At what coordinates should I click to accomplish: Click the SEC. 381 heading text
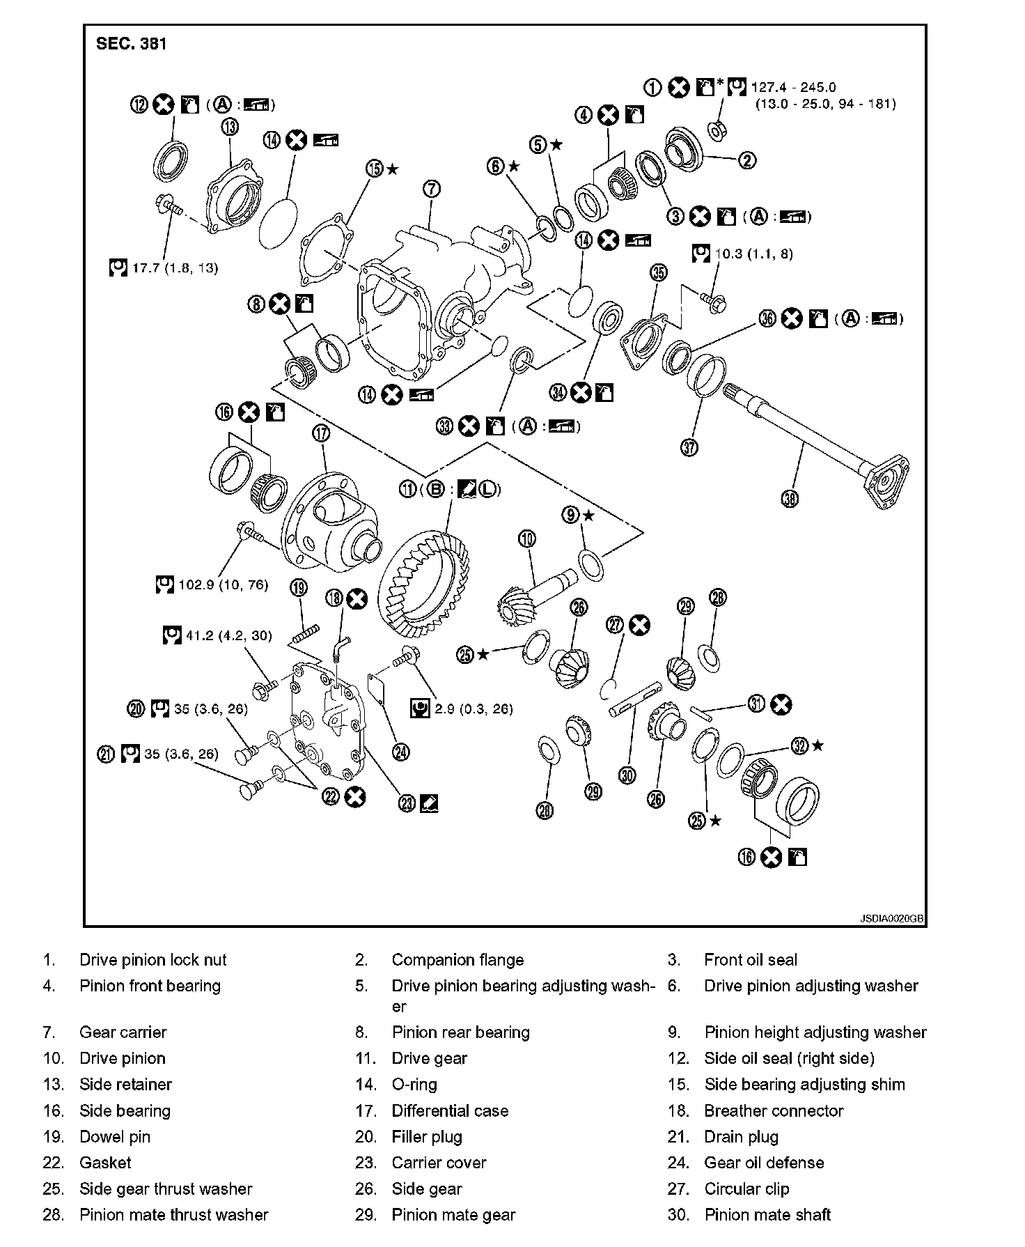tap(132, 44)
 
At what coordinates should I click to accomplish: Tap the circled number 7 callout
tap(431, 188)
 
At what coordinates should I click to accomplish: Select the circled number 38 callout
tap(790, 498)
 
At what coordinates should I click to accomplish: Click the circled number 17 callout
tap(321, 433)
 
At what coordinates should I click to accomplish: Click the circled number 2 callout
tap(746, 160)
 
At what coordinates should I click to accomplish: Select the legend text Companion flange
tap(457, 960)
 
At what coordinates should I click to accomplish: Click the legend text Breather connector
tap(774, 1111)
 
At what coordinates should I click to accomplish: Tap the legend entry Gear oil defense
tap(764, 1163)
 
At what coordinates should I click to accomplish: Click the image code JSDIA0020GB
tap(891, 919)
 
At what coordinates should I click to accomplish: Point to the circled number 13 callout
tap(230, 127)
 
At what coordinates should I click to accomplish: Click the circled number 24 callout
tap(400, 752)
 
